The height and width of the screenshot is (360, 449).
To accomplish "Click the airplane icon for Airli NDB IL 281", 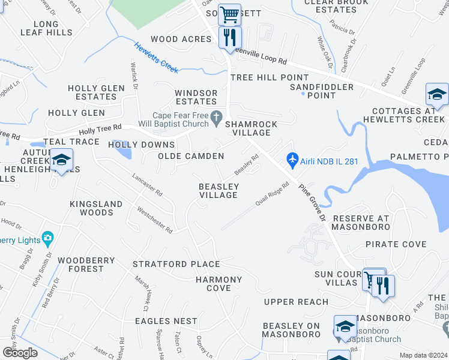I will (292, 160).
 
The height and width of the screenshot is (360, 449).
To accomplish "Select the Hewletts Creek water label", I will (156, 58).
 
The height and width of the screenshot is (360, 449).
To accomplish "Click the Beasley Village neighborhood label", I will (219, 191).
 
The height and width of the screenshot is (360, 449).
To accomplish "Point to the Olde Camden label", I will (191, 156).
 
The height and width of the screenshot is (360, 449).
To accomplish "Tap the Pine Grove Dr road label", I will (312, 202).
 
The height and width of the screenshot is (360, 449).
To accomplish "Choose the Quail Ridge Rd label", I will (273, 193).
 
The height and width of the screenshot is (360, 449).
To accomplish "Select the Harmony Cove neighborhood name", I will (218, 284).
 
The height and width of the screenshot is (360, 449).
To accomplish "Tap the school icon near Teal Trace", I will (61, 160).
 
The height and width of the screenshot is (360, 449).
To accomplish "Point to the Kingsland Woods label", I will (96, 208).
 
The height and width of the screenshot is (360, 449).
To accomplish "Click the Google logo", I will (20, 352).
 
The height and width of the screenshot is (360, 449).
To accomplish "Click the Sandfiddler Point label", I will (321, 91).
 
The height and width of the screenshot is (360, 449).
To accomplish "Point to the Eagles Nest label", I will (166, 321).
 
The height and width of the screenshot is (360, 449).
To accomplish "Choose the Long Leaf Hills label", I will (45, 28).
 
